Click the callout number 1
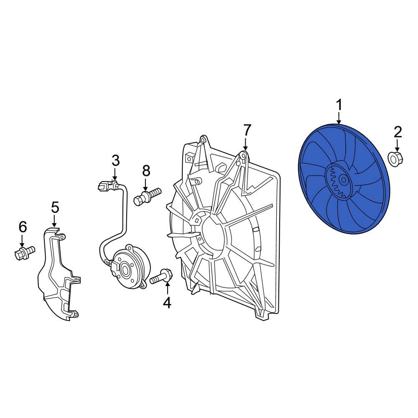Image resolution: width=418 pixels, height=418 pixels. [x=339, y=105]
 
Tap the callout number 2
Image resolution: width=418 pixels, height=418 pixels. [x=398, y=133]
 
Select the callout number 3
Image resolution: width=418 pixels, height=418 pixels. [x=115, y=161]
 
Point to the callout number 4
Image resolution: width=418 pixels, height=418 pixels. [x=167, y=303]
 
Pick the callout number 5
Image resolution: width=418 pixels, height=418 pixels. [x=55, y=207]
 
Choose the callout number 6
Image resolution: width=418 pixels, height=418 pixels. [x=23, y=227]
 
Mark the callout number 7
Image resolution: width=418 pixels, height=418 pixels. [x=247, y=130]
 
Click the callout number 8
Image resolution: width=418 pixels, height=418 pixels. [x=146, y=171]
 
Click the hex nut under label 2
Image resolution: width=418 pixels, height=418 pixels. [x=395, y=158]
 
